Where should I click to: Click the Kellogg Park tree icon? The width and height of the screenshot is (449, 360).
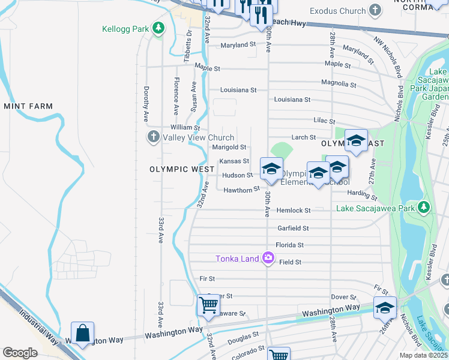(158, 28)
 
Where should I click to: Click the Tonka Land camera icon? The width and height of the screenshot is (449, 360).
(268, 258)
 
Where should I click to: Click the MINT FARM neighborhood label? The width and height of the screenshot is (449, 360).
(28, 106)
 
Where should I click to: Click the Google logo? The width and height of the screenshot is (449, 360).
(20, 353)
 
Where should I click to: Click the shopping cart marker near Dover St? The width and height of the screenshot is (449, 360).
(208, 305)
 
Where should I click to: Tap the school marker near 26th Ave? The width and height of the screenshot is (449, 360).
(385, 308)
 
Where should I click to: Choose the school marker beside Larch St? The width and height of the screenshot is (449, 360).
(356, 140)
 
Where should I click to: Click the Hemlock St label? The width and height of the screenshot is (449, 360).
(294, 211)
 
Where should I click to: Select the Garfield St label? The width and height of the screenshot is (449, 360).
(293, 228)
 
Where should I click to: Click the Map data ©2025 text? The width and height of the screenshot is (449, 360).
(423, 355)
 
